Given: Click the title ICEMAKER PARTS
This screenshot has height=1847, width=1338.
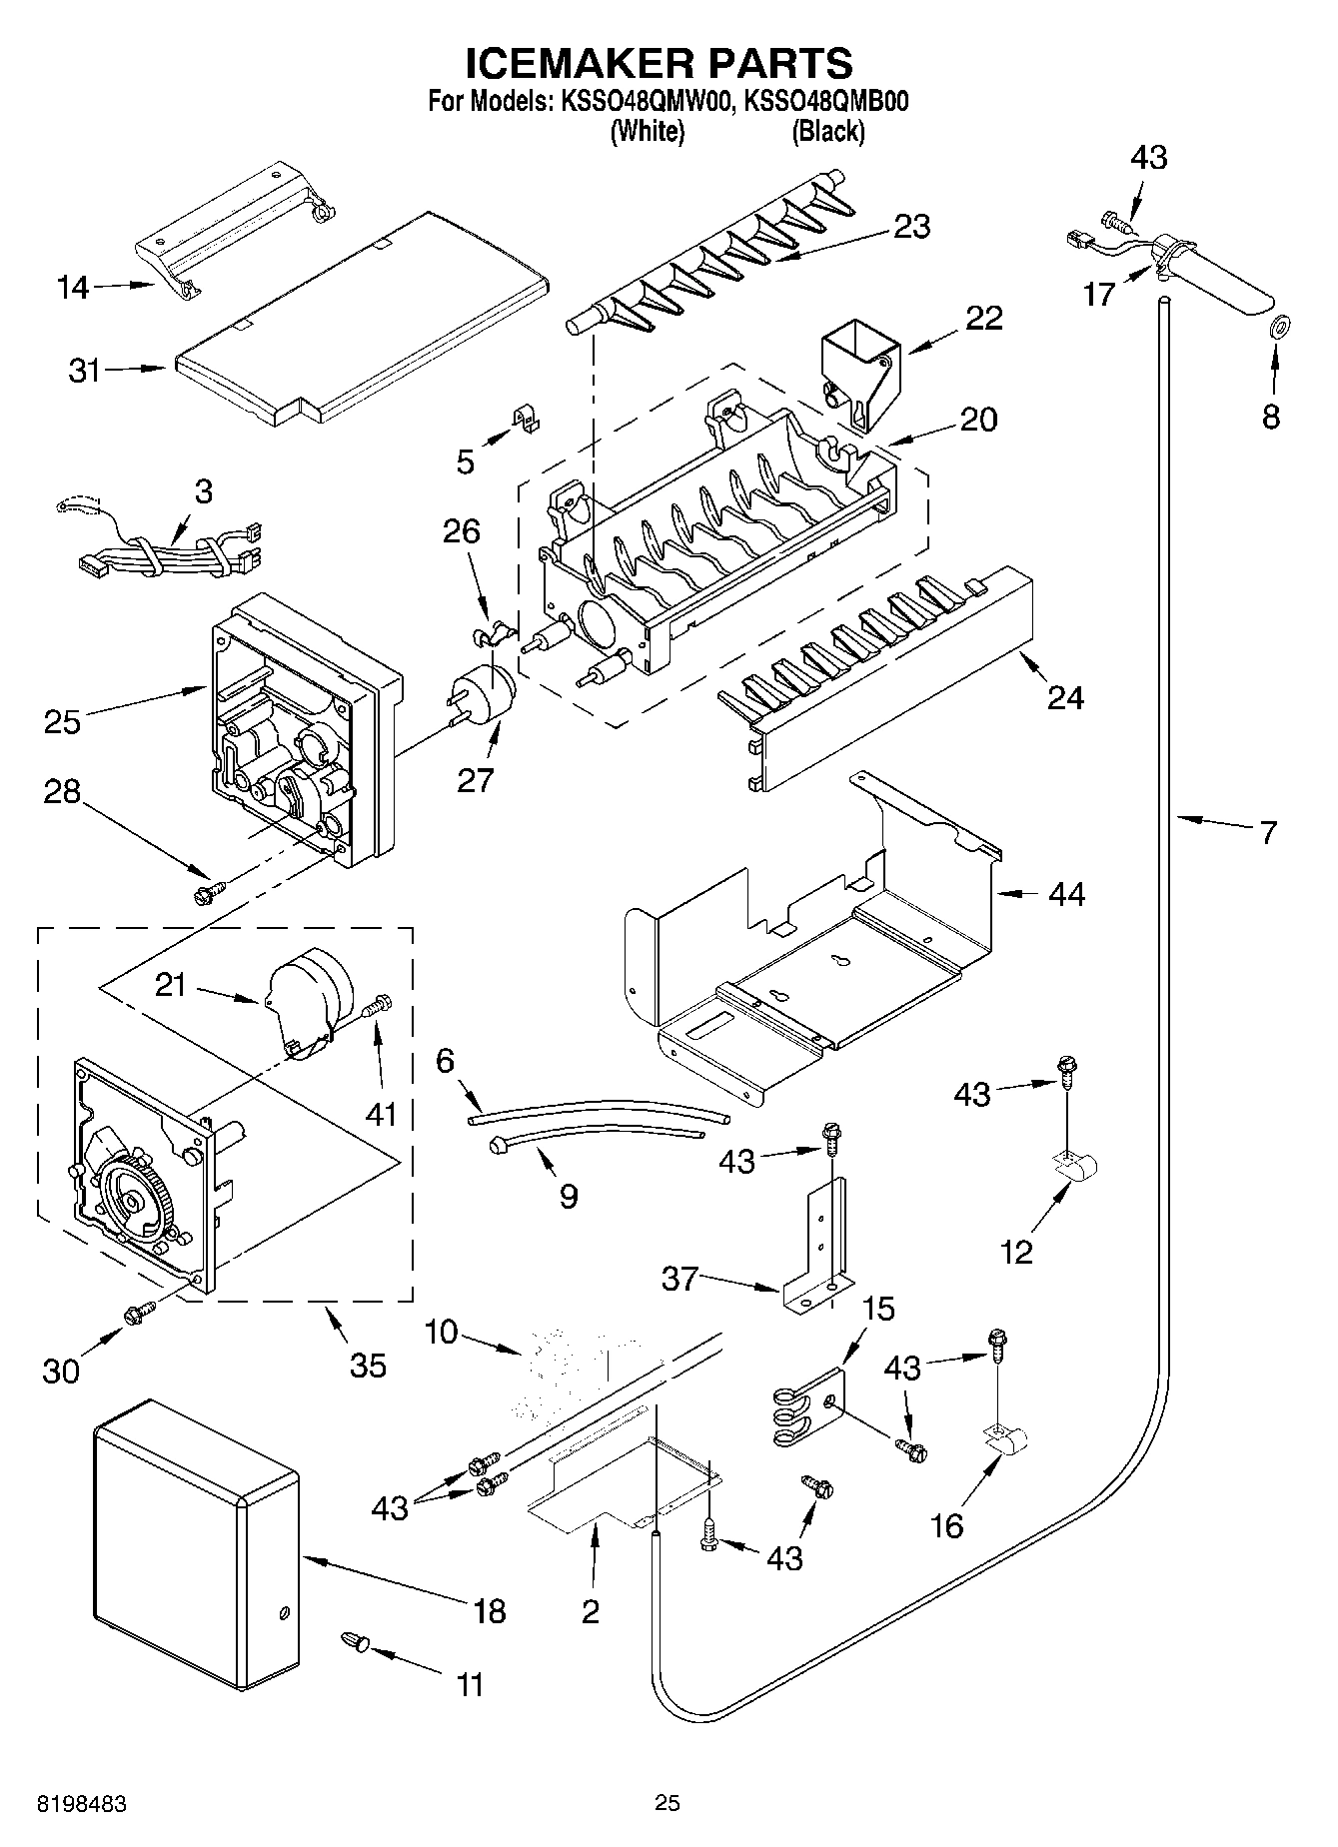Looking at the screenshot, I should tap(660, 63).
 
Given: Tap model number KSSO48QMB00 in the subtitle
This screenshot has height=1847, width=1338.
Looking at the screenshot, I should tap(827, 102).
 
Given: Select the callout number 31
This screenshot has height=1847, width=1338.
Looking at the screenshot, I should tap(85, 371).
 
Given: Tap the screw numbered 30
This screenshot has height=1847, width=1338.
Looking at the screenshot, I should tap(138, 1314).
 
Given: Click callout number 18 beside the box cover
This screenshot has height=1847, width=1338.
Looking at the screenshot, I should tap(490, 1610).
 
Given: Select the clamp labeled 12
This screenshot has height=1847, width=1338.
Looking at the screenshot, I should tap(1076, 1164).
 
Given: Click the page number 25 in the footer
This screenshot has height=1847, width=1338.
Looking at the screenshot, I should tap(667, 1802).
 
